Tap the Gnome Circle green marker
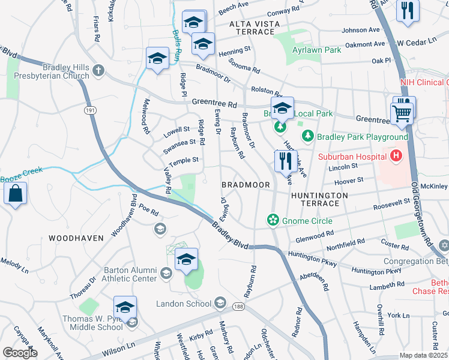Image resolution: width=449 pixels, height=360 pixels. [x=273, y=220]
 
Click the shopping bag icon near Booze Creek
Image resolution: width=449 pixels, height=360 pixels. [x=15, y=194]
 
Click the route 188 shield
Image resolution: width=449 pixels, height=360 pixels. [x=239, y=307]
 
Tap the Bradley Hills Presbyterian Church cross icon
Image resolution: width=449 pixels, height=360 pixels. [x=98, y=71]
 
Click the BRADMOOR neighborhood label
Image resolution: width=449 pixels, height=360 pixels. [x=246, y=185]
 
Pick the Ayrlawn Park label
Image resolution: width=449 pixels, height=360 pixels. [x=317, y=50]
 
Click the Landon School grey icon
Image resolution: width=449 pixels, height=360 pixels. [x=220, y=303]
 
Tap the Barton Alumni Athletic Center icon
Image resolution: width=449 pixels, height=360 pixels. [x=166, y=274]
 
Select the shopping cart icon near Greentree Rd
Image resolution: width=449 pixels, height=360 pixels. [x=401, y=112]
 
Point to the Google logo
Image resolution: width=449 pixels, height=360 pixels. [x=20, y=352]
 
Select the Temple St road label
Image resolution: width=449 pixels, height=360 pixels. [x=184, y=161]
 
